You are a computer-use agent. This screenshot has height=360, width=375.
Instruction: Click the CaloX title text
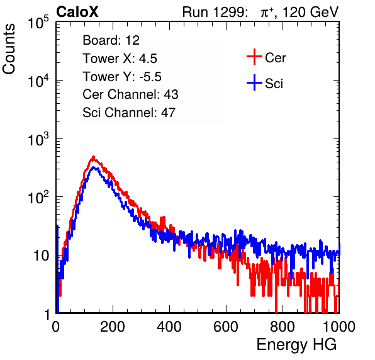(77, 12)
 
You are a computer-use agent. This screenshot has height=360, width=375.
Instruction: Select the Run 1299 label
(215, 12)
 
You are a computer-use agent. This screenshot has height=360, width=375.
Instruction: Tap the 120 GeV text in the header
(310, 12)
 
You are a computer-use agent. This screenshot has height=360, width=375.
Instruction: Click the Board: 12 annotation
(111, 40)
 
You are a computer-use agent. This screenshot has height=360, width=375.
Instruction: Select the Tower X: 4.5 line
(120, 59)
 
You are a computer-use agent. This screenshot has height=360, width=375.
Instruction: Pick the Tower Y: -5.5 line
(122, 77)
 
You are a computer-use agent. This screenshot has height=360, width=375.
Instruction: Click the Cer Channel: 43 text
(130, 94)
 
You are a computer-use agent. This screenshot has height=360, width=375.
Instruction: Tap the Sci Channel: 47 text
(129, 113)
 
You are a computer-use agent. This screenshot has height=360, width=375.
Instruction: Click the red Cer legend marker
(254, 57)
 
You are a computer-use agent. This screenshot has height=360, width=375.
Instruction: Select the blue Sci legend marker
(254, 82)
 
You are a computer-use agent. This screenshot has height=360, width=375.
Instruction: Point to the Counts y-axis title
(9, 49)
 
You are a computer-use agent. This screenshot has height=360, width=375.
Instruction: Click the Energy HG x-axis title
(297, 344)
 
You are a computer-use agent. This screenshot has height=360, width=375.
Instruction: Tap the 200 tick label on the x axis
(113, 327)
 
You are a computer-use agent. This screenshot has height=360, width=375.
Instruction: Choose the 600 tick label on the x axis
(226, 327)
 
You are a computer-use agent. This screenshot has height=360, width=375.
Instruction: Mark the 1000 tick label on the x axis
(339, 327)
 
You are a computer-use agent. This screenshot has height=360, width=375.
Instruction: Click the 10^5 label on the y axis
(38, 23)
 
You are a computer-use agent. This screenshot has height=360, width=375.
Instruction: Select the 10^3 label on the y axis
(38, 139)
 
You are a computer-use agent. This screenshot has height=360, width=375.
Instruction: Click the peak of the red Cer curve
(94, 157)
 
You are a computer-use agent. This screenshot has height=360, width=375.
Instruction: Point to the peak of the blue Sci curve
(94, 167)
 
